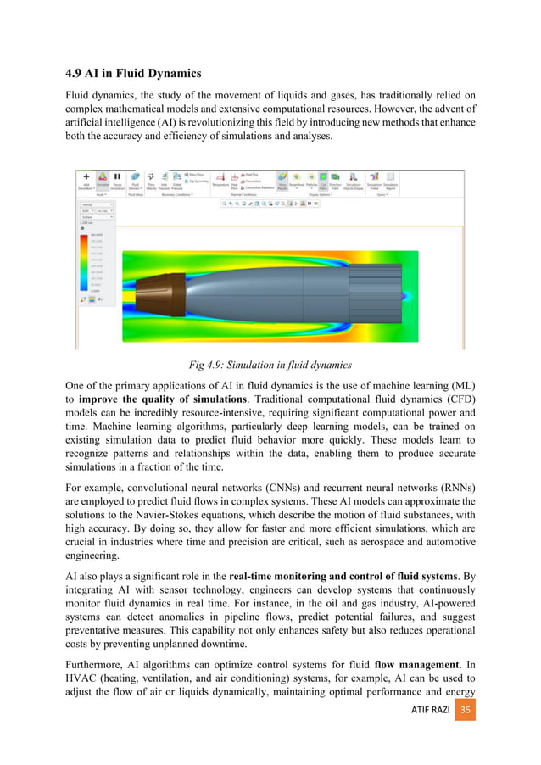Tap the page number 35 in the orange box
[x=466, y=732]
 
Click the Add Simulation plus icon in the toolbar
[x=85, y=174]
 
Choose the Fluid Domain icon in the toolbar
[x=135, y=176]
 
